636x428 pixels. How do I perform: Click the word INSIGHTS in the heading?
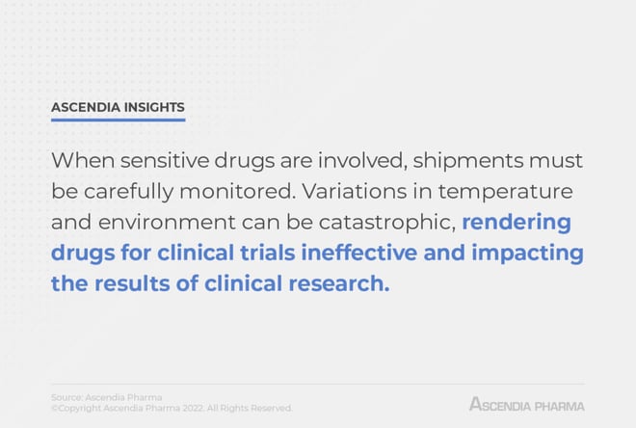(x=154, y=107)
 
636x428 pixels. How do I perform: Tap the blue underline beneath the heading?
(x=118, y=120)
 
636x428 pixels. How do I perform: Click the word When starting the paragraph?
(x=83, y=160)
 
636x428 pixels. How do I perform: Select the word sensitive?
(x=165, y=160)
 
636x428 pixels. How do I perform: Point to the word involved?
(x=362, y=161)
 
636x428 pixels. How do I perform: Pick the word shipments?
(x=468, y=161)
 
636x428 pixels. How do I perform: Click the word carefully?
(x=128, y=192)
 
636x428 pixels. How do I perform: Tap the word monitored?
(x=237, y=192)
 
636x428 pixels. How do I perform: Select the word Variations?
(x=354, y=192)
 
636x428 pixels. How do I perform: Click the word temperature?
(x=505, y=192)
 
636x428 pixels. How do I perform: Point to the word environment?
(x=167, y=223)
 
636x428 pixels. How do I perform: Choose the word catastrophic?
(x=387, y=223)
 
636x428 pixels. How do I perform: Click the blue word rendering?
(x=517, y=223)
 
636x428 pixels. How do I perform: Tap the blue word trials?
(x=267, y=253)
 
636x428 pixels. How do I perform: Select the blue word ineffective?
(x=359, y=253)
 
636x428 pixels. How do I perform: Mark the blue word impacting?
(x=527, y=254)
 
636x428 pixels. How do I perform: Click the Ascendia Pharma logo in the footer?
(x=526, y=405)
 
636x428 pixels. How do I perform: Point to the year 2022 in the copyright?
(x=193, y=408)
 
